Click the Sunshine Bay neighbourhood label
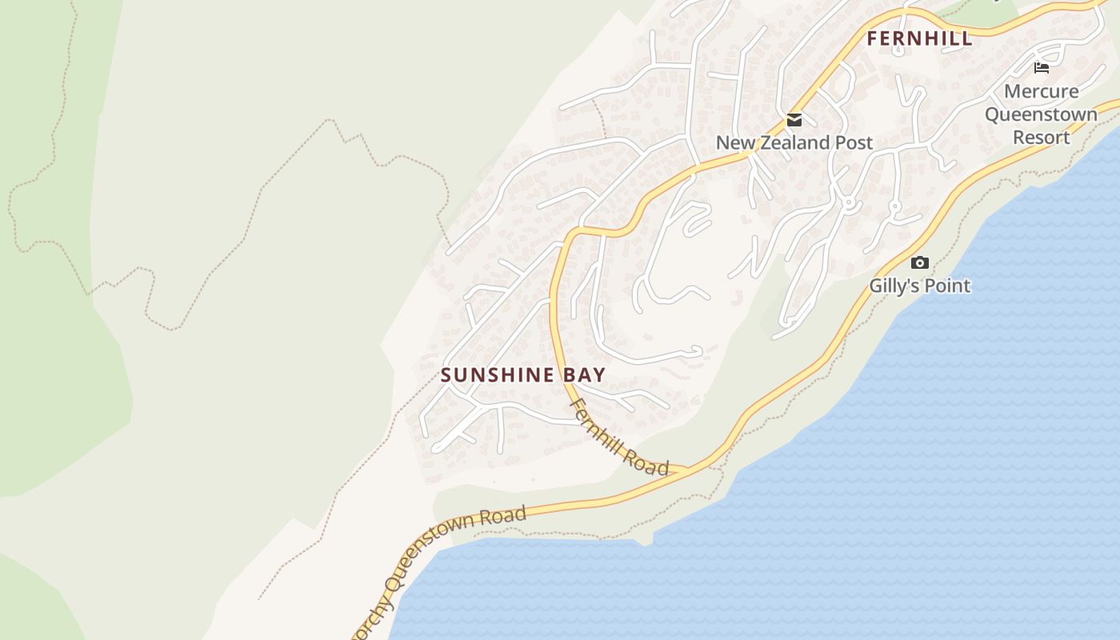523,374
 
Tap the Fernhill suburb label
920,38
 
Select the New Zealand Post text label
794,142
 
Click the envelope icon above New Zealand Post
794,121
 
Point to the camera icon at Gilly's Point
920,262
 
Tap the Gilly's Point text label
920,286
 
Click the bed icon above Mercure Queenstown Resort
1041,68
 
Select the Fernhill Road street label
618,437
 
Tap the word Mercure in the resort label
1041,91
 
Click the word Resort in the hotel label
1041,137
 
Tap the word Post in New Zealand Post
853,142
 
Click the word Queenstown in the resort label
1041,114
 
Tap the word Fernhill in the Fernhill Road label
598,421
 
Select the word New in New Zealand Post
733,142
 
